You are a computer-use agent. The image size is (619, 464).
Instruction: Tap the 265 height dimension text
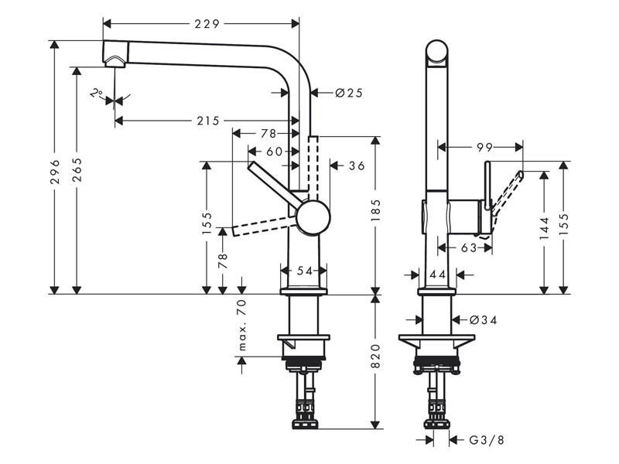pos(77,179)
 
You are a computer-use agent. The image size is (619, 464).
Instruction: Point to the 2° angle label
pos(96,94)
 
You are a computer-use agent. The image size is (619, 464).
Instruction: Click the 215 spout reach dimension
pos(207,121)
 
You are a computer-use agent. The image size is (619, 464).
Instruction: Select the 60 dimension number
pos(274,152)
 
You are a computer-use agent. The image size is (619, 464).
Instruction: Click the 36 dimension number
pos(357,165)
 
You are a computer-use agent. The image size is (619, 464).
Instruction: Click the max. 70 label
pos(241,325)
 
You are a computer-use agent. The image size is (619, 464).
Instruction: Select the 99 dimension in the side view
pos(484,146)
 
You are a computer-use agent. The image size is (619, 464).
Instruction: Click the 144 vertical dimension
pos(545,227)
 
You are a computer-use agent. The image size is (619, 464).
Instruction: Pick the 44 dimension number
pos(437,275)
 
